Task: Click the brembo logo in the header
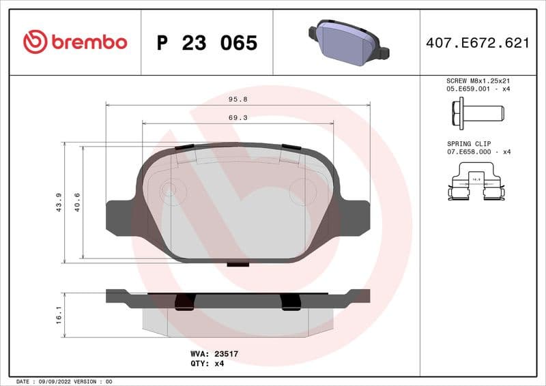click(75, 42)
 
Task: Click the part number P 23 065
click(207, 43)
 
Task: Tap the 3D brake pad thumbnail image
click(347, 42)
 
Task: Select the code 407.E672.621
click(477, 43)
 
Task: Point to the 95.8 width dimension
click(238, 99)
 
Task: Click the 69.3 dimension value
click(238, 117)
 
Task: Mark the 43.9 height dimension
click(58, 203)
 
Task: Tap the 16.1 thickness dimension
click(59, 314)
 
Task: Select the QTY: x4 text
click(207, 363)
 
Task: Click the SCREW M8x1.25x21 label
click(478, 80)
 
